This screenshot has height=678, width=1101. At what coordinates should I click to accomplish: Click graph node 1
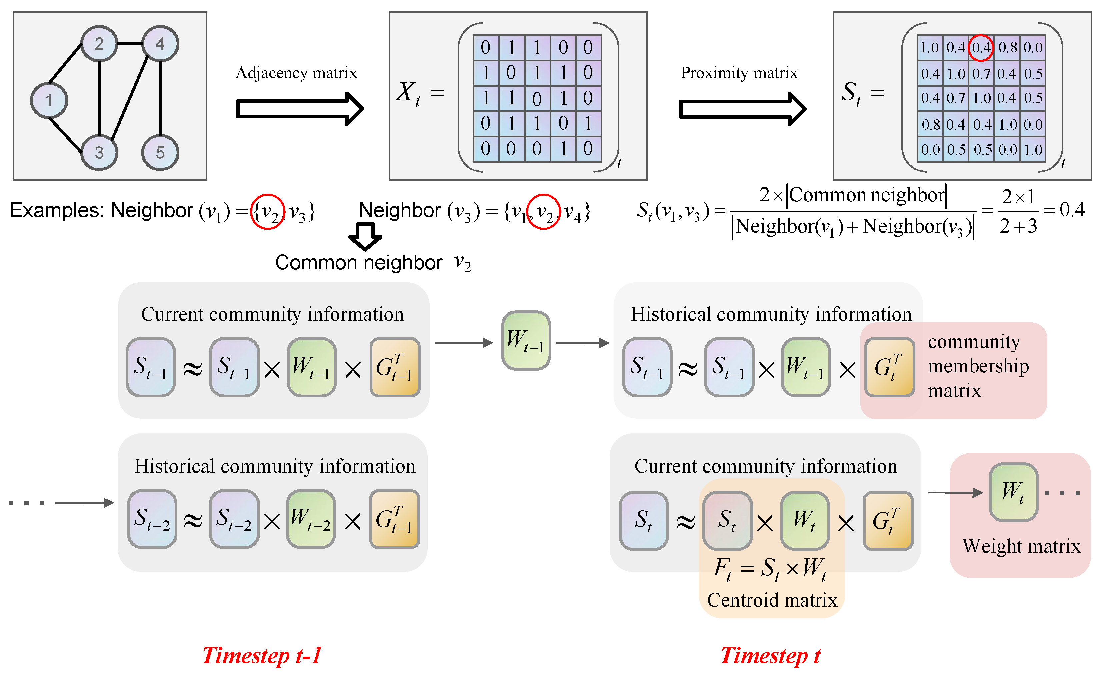[49, 101]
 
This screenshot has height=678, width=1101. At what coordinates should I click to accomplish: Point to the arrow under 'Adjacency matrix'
[299, 109]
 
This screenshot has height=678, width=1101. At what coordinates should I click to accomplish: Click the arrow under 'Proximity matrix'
[742, 109]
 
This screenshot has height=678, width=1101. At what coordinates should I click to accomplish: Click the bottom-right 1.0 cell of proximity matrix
[1033, 149]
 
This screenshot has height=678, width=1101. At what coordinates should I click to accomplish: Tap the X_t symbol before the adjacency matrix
[408, 93]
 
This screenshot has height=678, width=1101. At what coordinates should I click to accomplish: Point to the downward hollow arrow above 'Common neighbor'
[365, 236]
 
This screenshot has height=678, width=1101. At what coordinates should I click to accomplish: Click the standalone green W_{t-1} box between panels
[526, 341]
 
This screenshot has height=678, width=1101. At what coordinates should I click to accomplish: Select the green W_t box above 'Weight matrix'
[1013, 492]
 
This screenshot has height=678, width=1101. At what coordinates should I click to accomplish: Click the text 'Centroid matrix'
[772, 600]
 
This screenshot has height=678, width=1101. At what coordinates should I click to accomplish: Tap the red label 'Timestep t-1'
[262, 656]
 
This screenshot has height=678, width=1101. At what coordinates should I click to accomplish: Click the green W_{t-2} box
[311, 519]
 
